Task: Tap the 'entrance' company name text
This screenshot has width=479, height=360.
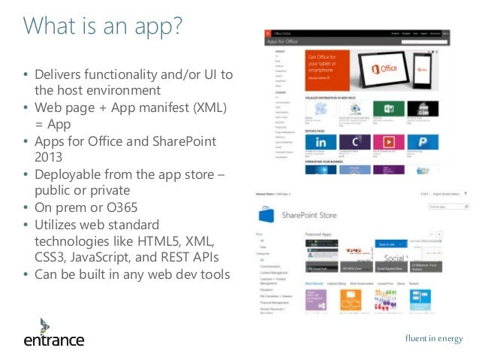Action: [53, 340]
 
